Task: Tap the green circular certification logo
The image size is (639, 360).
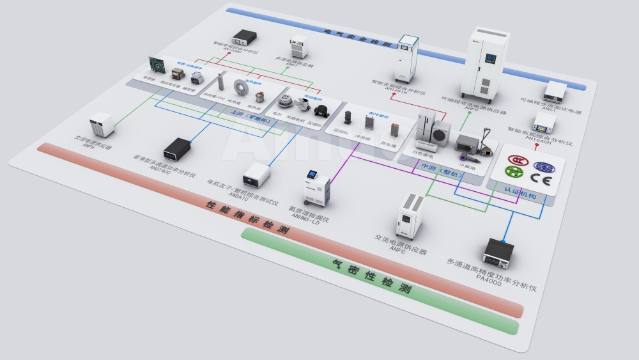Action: pyautogui.click(x=514, y=171)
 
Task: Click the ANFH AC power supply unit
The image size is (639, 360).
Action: pyautogui.click(x=101, y=125)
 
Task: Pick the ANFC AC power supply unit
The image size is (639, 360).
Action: pyautogui.click(x=410, y=214)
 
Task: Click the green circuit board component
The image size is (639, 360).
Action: pyautogui.click(x=157, y=65)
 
